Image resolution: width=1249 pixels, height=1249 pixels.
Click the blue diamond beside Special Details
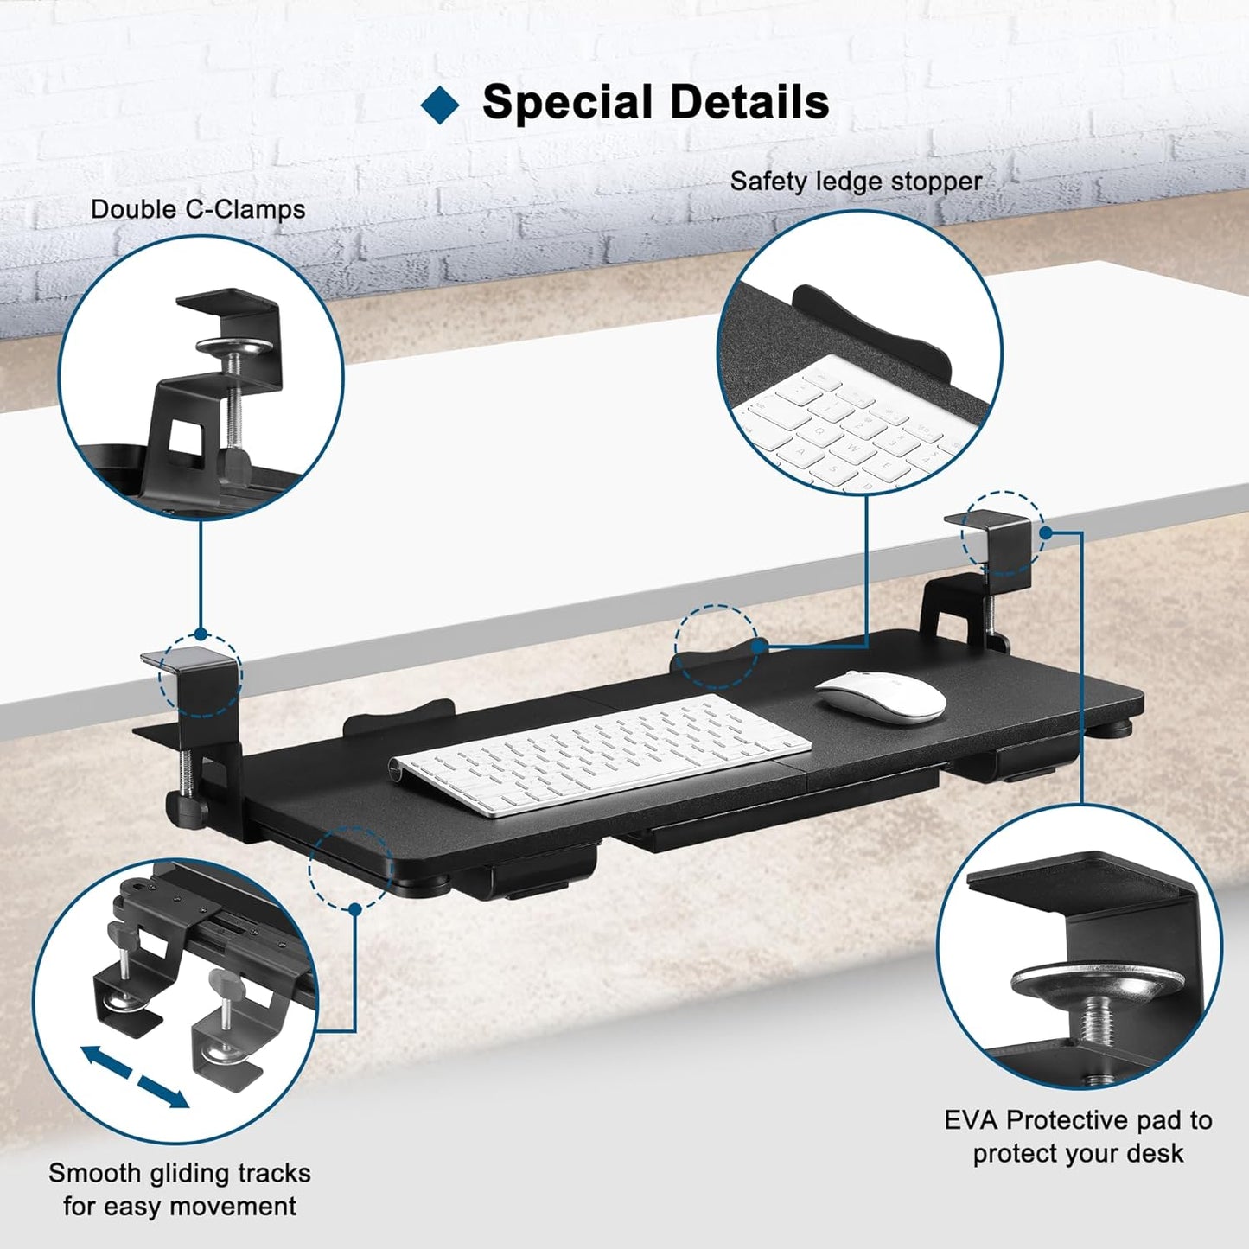click(x=440, y=105)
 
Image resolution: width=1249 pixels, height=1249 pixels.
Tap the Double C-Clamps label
click(x=198, y=209)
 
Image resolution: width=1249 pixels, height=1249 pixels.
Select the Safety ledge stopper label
click(x=856, y=182)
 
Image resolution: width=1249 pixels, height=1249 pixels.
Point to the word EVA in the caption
click(x=972, y=1120)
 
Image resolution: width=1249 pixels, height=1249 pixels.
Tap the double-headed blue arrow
click(x=135, y=1076)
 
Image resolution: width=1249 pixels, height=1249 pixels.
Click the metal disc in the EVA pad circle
click(x=1098, y=983)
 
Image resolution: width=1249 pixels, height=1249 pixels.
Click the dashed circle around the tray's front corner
click(x=350, y=868)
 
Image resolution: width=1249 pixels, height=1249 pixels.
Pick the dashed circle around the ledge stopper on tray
click(x=716, y=646)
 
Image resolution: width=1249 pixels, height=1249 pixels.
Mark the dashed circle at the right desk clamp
click(x=1003, y=533)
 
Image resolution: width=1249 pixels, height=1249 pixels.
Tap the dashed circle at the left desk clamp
click(x=201, y=676)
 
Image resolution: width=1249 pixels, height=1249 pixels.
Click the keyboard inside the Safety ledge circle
click(x=851, y=424)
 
